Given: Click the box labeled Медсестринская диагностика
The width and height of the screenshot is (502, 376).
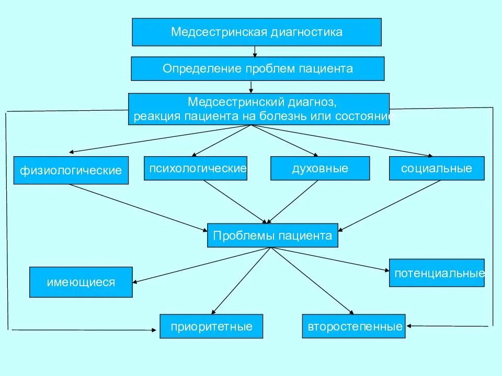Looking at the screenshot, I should point(256,32).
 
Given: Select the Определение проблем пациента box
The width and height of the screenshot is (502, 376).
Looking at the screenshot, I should point(257,68).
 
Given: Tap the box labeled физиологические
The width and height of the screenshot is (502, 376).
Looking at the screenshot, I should point(71,170).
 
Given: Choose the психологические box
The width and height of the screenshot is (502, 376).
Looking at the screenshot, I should point(196,168).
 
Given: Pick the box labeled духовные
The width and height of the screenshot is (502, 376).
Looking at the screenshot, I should point(320,168).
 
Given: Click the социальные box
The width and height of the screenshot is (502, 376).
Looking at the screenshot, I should point(436,168).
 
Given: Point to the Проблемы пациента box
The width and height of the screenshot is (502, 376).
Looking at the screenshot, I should point(272,236).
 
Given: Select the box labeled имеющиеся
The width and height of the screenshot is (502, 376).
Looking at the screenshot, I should point(81,282).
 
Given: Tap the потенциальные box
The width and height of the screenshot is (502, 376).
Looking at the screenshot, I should point(436,273).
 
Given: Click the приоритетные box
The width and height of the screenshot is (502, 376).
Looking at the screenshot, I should point(211,326).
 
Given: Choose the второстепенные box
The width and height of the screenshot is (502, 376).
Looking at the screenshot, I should point(355,326).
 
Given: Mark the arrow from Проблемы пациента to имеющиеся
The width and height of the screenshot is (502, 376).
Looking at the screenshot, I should point(201,265).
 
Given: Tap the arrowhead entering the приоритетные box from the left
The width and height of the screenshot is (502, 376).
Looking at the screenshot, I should point(154,330).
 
